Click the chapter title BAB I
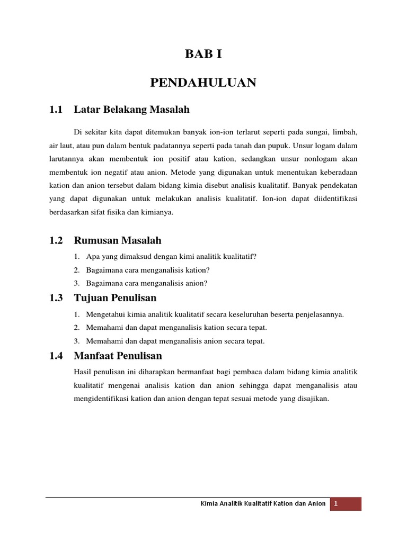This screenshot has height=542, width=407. click(x=203, y=54)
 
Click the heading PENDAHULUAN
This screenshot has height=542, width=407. click(x=203, y=83)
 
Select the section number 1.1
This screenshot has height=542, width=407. click(x=56, y=110)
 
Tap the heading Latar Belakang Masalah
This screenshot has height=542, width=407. click(x=131, y=110)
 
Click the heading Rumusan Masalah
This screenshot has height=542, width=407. click(x=118, y=240)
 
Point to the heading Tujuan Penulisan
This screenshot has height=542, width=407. click(x=115, y=298)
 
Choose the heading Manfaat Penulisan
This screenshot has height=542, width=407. click(x=118, y=356)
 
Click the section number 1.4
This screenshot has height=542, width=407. click(x=56, y=356)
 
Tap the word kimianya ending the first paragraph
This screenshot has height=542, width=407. click(x=158, y=213)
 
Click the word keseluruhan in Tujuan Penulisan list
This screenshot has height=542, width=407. click(x=238, y=314)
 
